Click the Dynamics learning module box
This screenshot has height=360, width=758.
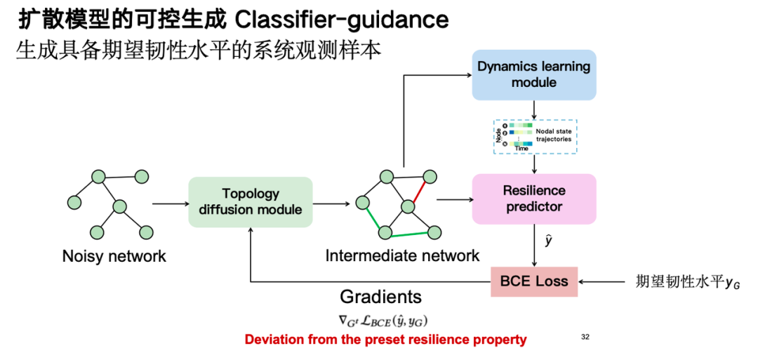534,74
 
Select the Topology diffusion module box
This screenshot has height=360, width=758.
251,201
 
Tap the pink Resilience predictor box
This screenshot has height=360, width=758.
534,199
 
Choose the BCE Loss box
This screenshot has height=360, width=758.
534,281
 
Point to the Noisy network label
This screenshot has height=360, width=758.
114,256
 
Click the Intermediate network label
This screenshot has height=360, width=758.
402,256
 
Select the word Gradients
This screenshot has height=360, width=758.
381,296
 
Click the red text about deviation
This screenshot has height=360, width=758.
385,340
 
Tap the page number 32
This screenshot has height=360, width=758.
585,338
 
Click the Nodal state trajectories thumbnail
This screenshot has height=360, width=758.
535,135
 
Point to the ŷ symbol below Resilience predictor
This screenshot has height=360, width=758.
549,241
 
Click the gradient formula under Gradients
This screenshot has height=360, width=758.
383,321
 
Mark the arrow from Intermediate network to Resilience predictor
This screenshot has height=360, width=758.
453,199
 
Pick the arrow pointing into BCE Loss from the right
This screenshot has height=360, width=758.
604,282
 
